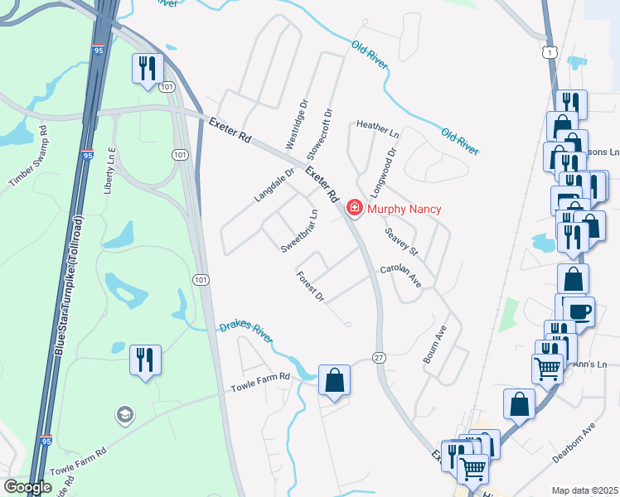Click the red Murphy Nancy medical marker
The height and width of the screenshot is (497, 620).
(x=355, y=207)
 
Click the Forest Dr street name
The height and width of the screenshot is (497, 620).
(x=309, y=286)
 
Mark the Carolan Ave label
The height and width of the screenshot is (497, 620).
(x=401, y=277)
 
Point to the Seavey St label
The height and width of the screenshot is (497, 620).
(x=402, y=241)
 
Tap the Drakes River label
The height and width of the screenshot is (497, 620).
(x=246, y=333)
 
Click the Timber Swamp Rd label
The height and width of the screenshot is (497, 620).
(x=31, y=161)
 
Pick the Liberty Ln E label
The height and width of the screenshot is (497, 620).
(x=108, y=171)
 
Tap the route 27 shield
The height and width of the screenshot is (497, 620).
(x=379, y=357)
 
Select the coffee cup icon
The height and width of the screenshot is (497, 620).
(x=579, y=312)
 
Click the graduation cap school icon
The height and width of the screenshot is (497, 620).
(x=125, y=414)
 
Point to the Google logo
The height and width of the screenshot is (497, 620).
(x=27, y=487)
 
